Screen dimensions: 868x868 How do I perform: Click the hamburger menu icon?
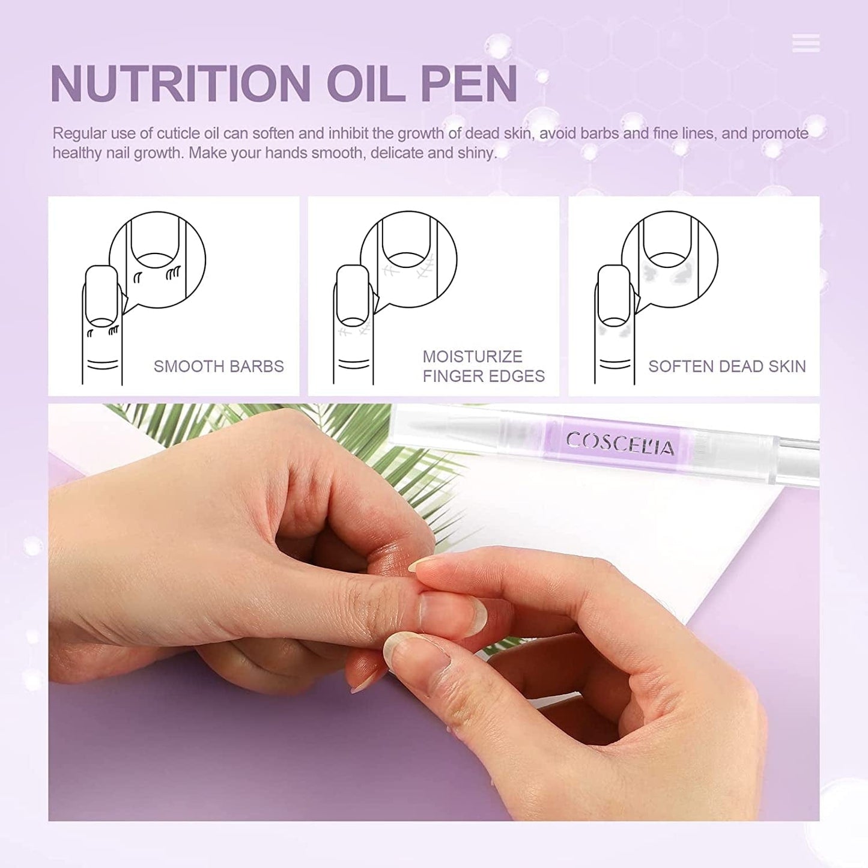(x=806, y=43)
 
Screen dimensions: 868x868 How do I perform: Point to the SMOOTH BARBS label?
(x=219, y=366)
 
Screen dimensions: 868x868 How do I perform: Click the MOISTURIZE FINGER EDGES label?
(x=484, y=366)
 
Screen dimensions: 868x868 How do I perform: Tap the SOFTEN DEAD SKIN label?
(x=727, y=366)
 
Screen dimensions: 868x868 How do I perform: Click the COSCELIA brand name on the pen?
(x=620, y=443)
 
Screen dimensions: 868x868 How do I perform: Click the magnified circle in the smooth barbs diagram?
(x=157, y=259)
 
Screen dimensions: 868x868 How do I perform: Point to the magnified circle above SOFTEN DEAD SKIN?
(x=670, y=259)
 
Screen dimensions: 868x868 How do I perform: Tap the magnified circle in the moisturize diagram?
(x=408, y=259)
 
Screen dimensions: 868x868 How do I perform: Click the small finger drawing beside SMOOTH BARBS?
(x=102, y=324)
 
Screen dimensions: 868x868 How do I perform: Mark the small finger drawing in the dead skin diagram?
(x=615, y=324)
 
